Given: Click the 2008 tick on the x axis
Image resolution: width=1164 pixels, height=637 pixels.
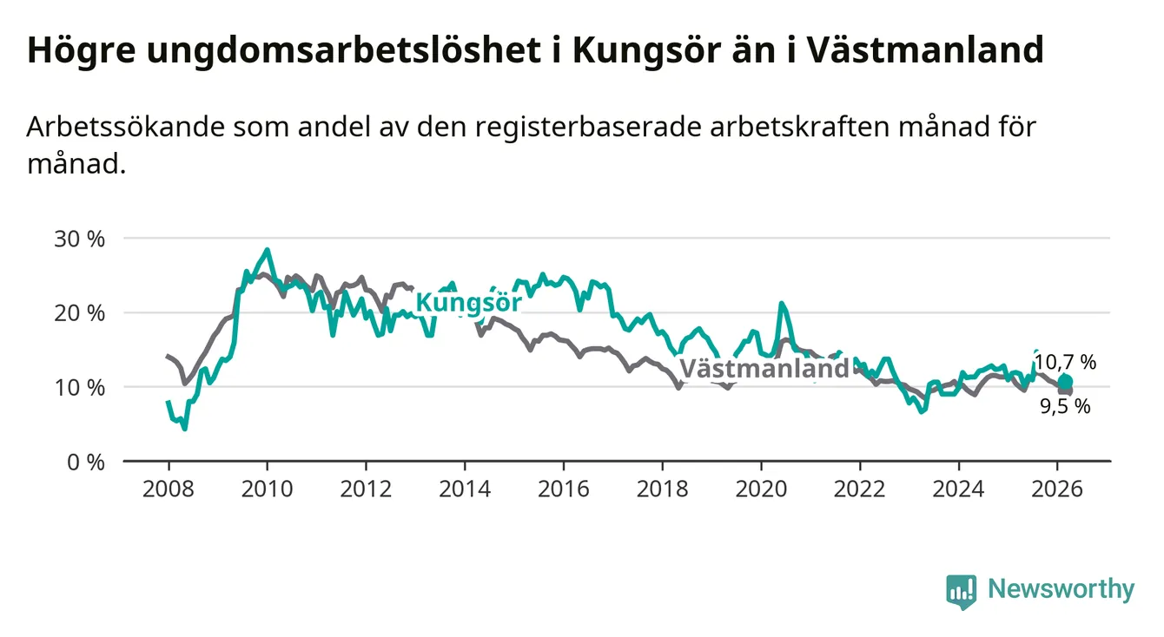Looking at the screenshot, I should [168, 489].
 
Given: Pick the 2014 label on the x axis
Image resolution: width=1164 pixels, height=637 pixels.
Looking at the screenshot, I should [464, 489].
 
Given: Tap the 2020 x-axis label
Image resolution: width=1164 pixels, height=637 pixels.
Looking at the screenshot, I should [761, 489].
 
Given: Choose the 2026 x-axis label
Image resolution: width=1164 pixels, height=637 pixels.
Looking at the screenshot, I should [1057, 489].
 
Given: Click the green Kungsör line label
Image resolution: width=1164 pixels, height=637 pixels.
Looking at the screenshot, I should [468, 303].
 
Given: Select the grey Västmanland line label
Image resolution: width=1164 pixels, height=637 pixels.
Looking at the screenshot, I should [764, 369].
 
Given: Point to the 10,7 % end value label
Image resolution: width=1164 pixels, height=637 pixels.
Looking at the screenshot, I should [1064, 363].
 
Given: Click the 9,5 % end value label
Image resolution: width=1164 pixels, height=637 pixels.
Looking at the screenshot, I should [1065, 405].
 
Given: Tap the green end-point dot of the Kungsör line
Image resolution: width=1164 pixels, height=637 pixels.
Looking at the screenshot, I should [1065, 382].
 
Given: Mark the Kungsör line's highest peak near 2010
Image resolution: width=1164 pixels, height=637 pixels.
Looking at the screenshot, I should [267, 250].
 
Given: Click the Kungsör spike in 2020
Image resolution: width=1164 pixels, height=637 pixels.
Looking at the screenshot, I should [782, 304].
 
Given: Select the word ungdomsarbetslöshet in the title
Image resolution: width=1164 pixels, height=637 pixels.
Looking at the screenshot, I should [338, 51].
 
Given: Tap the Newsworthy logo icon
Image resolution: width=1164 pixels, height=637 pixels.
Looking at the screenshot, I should [962, 591].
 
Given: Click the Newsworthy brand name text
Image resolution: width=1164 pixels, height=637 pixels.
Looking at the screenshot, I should [1061, 590].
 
